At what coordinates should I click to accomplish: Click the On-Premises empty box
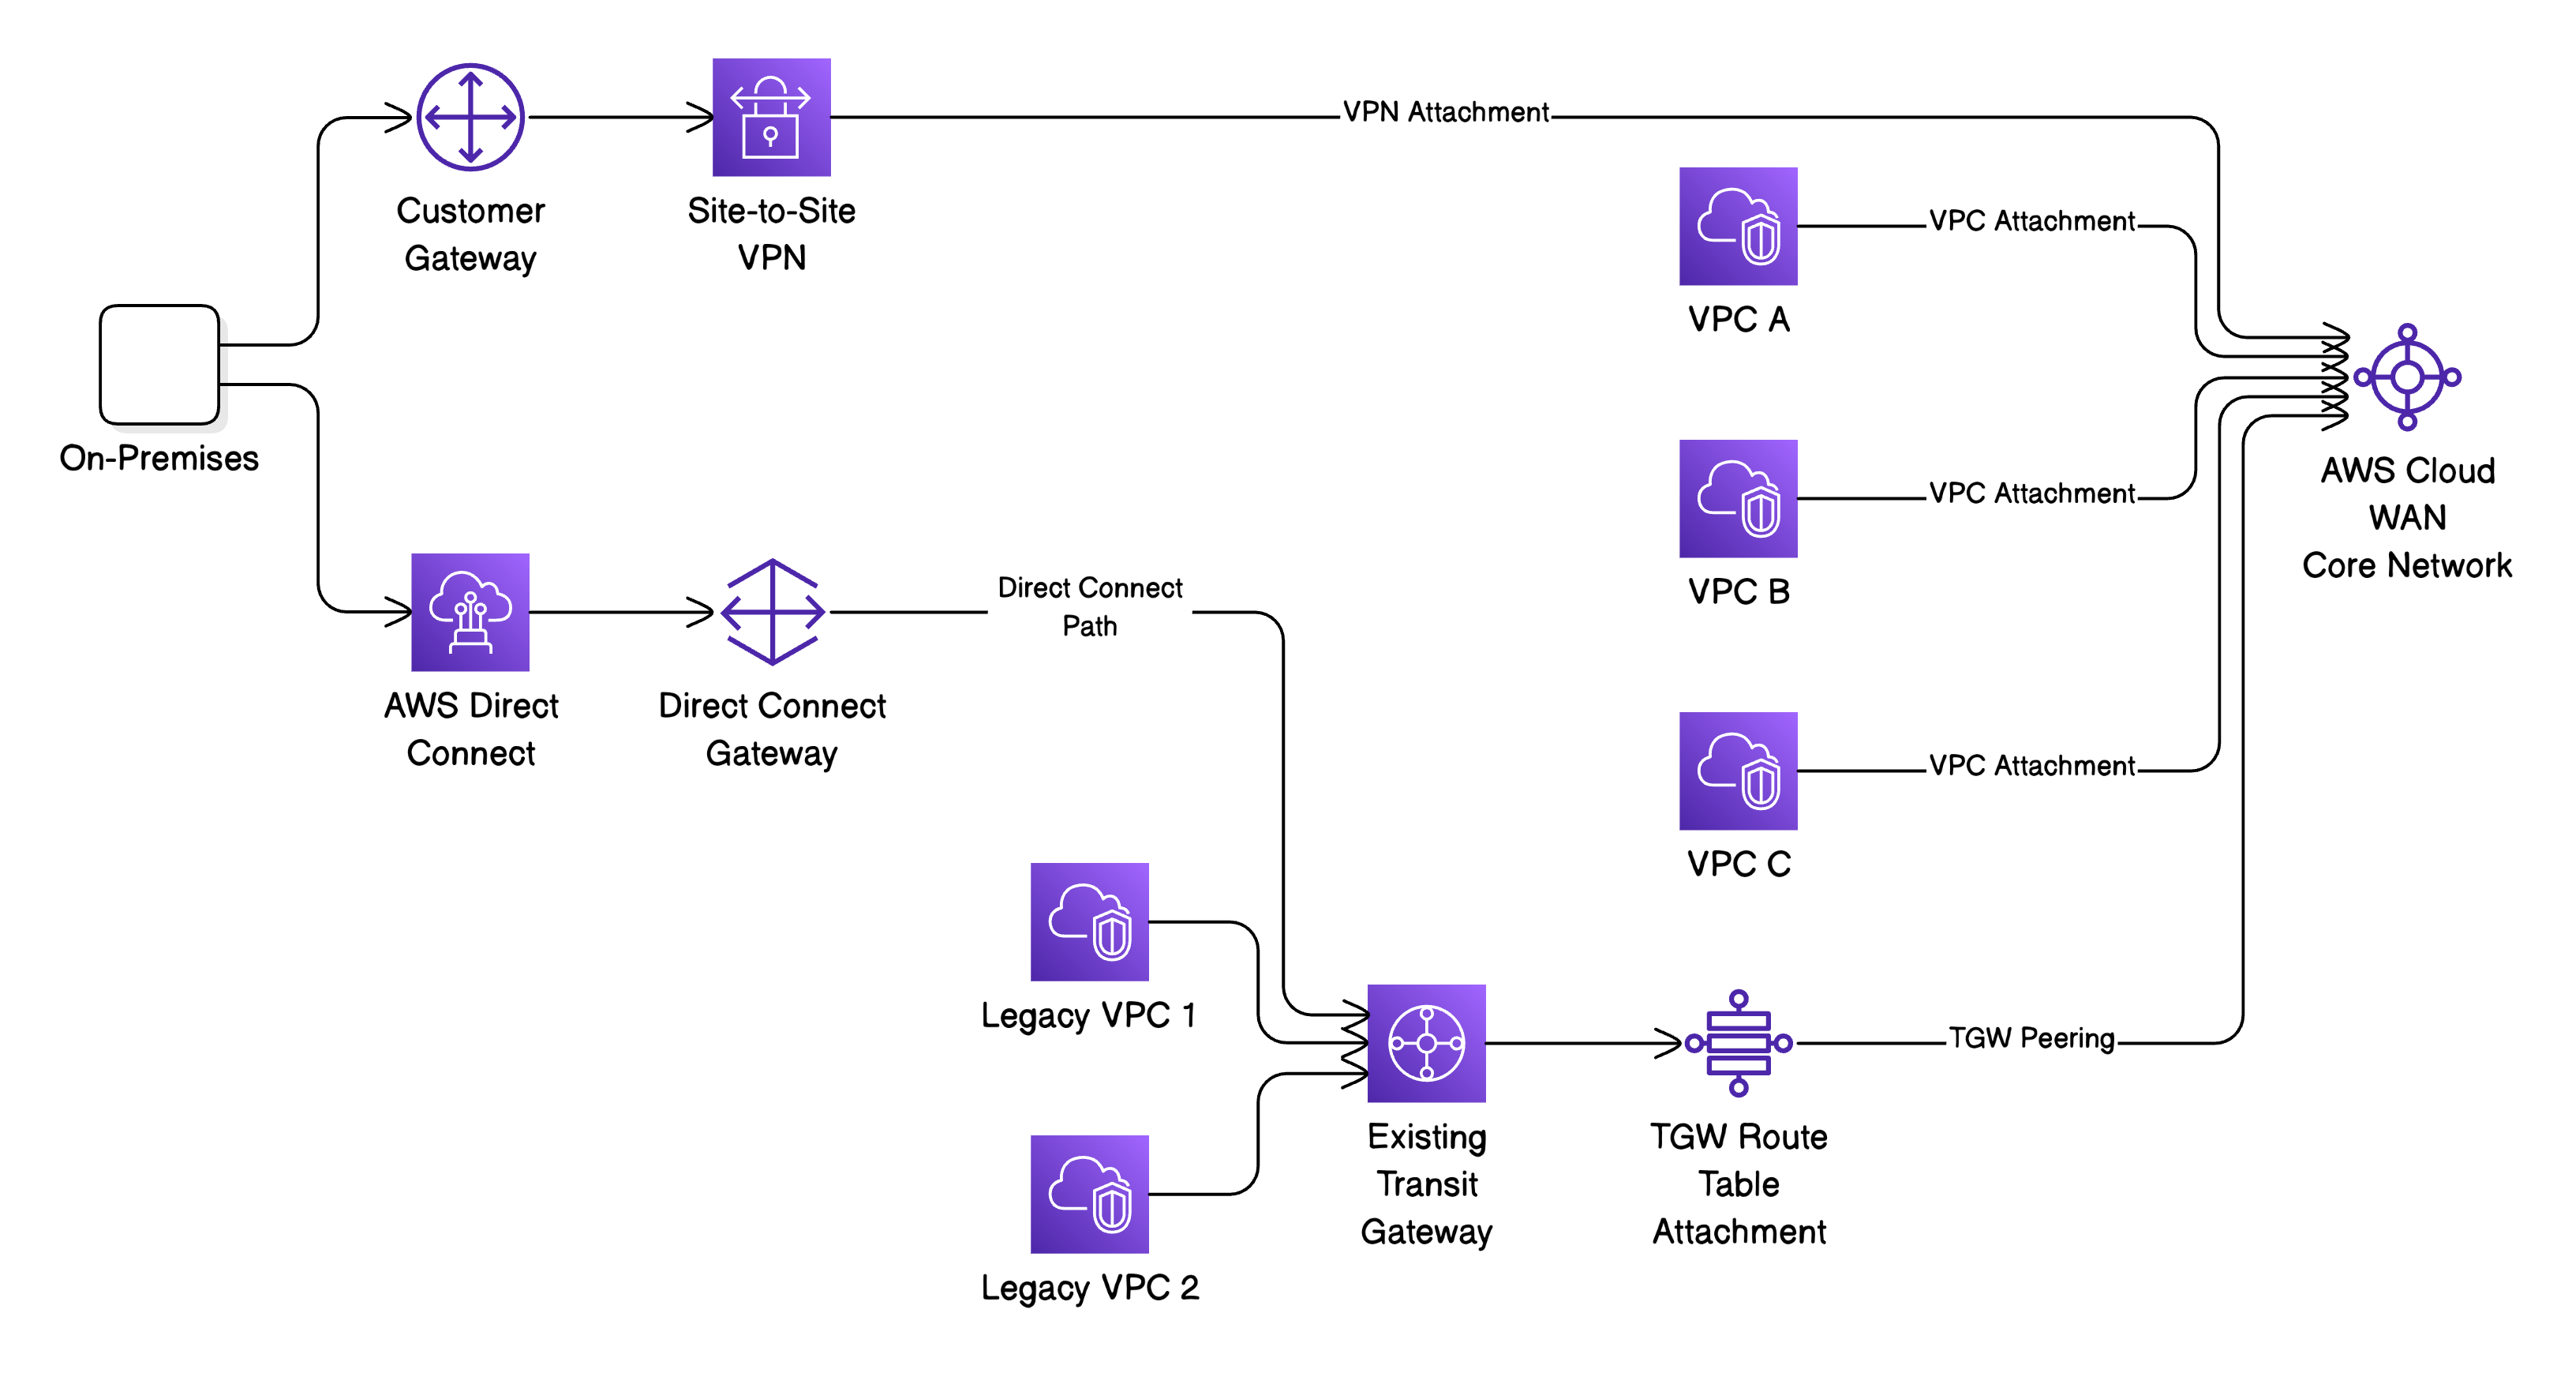click(x=159, y=365)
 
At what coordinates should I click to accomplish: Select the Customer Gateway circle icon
click(x=470, y=117)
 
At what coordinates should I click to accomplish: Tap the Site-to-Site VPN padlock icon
click(x=771, y=117)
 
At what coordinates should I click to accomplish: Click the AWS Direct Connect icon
click(x=470, y=611)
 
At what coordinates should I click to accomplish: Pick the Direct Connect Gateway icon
click(x=772, y=611)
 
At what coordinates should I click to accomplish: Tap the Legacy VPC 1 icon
click(x=1089, y=921)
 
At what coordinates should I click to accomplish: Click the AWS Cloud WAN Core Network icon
click(x=2406, y=377)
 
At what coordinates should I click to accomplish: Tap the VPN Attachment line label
click(x=1445, y=112)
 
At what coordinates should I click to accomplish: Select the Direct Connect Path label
click(x=1089, y=606)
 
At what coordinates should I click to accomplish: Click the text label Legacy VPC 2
click(x=1089, y=1287)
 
